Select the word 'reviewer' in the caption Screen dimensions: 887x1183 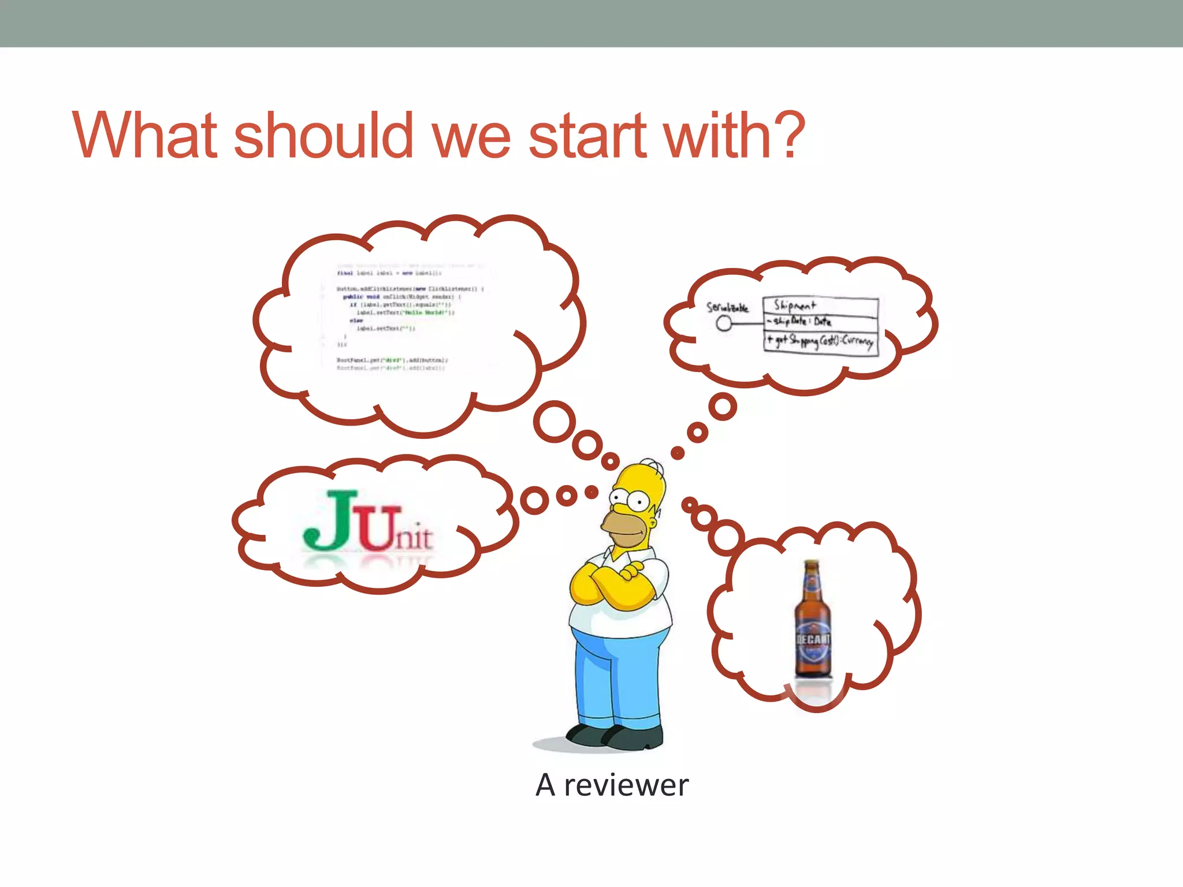tap(626, 785)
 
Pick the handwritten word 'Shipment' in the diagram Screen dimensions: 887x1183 tap(795, 304)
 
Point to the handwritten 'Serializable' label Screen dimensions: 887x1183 tap(727, 307)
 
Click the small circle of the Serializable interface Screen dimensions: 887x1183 tap(724, 323)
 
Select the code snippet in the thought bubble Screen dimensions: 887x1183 tap(404, 318)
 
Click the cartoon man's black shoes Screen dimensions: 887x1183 tap(615, 735)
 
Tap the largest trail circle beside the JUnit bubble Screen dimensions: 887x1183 tap(534, 500)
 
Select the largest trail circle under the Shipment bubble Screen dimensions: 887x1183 tap(723, 407)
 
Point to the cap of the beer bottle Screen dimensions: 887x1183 tap(812, 563)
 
